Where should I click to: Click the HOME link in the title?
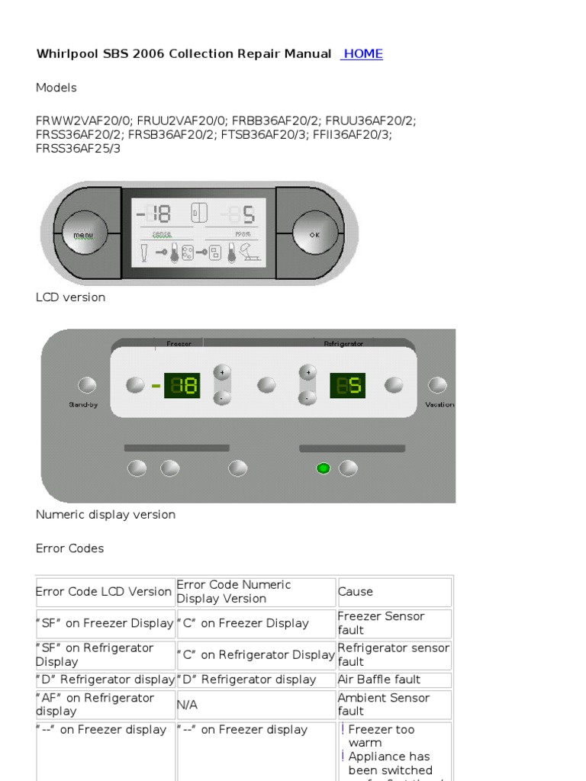pyautogui.click(x=362, y=54)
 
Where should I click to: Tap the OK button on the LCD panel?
pyautogui.click(x=314, y=235)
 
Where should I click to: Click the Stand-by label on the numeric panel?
pyautogui.click(x=84, y=405)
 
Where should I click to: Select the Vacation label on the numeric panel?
pyautogui.click(x=439, y=405)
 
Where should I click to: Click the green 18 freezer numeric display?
pyautogui.click(x=182, y=386)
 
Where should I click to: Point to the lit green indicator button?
pyautogui.click(x=323, y=468)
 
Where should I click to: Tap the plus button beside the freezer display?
pyautogui.click(x=222, y=373)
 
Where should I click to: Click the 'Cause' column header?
pyautogui.click(x=356, y=592)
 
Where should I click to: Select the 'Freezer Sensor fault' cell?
pyautogui.click(x=381, y=623)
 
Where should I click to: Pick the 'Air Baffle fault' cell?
pyautogui.click(x=379, y=680)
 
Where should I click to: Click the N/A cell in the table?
pyautogui.click(x=187, y=705)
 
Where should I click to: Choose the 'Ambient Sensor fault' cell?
pyautogui.click(x=383, y=705)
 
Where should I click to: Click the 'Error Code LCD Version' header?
pyautogui.click(x=104, y=592)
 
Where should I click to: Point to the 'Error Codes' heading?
pyautogui.click(x=69, y=548)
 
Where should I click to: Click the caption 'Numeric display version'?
pyautogui.click(x=105, y=515)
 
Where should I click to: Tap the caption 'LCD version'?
pyautogui.click(x=70, y=297)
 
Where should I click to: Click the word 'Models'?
pyautogui.click(x=56, y=88)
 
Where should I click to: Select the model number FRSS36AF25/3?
pyautogui.click(x=78, y=149)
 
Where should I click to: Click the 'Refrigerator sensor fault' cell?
pyautogui.click(x=394, y=654)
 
